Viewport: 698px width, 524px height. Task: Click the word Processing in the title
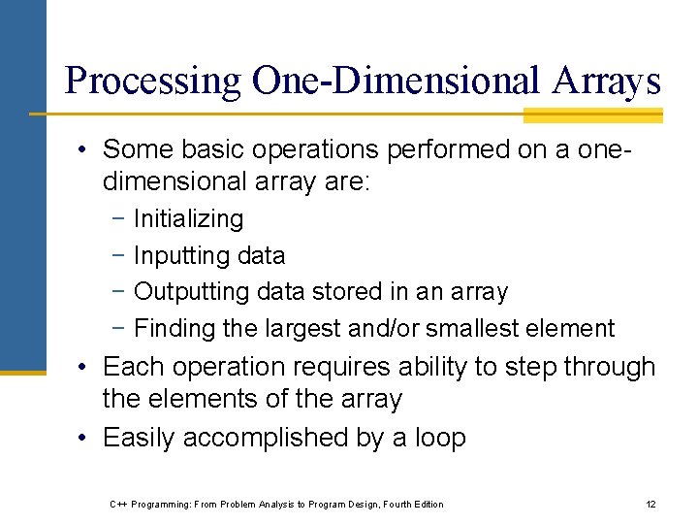pos(152,80)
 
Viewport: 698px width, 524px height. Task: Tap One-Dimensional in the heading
pos(391,80)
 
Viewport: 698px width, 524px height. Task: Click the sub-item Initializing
pos(188,219)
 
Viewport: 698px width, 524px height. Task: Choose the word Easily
pos(139,438)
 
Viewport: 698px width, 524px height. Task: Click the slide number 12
pos(650,504)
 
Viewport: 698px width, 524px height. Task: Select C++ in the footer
pos(119,504)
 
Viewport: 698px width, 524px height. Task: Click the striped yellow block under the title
pos(592,115)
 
